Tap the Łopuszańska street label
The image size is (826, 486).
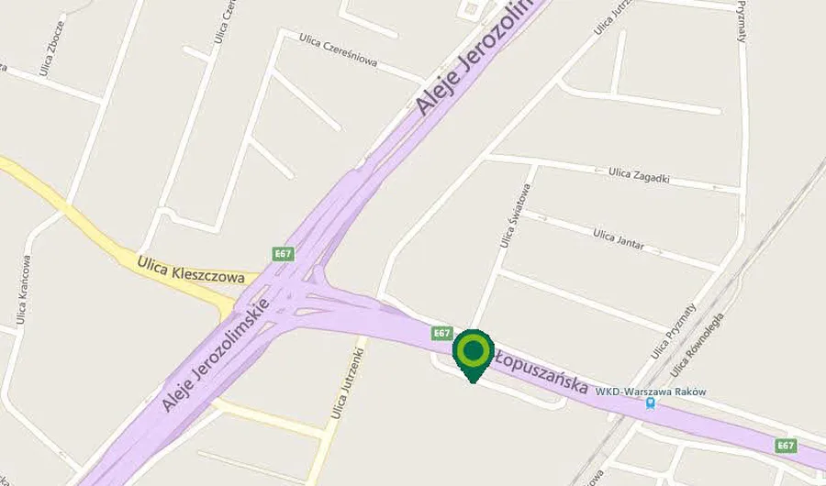tap(541, 371)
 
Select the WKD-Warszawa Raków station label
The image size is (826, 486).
tap(651, 391)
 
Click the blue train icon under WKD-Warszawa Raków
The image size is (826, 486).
tap(651, 403)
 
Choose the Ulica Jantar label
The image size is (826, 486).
tap(619, 240)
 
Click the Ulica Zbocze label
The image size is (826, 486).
tap(48, 50)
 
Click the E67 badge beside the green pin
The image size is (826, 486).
tap(442, 332)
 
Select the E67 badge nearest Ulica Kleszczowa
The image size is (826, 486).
tap(283, 253)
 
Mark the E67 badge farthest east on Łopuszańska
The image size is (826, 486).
tap(786, 446)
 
